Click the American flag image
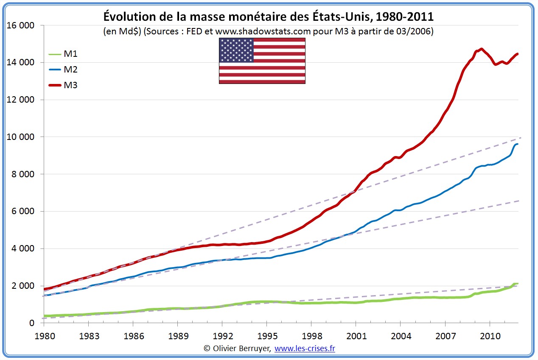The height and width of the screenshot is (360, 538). click(262, 61)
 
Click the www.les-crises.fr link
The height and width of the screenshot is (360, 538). click(305, 349)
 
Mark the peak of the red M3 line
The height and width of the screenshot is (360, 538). click(481, 49)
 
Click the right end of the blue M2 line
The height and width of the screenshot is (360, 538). click(518, 144)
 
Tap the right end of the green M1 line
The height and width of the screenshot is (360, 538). click(518, 283)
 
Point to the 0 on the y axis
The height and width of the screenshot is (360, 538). click(31, 323)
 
